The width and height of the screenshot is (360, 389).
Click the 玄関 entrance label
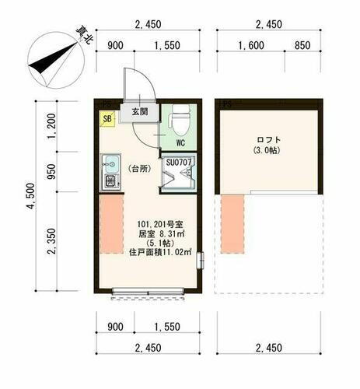(139, 112)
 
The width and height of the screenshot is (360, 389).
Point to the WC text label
(179, 143)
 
